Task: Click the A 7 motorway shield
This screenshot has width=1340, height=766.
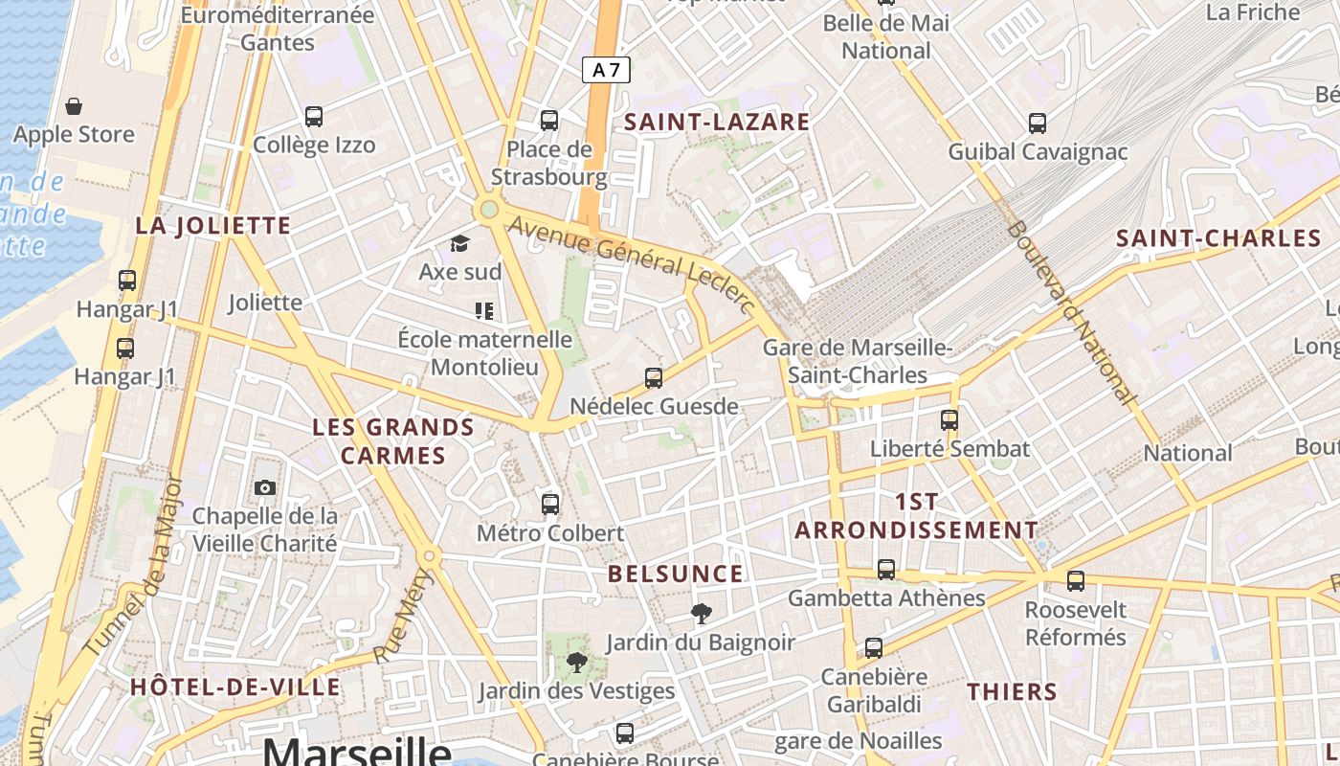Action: pos(606,70)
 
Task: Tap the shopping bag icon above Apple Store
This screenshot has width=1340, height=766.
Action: pos(74,106)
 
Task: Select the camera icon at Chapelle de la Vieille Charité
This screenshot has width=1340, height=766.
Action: pos(265,488)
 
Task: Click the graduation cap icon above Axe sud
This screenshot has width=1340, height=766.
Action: pos(460,243)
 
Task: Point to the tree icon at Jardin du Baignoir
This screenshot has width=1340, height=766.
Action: pos(702,614)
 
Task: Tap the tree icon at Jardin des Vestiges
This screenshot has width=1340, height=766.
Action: pos(576,663)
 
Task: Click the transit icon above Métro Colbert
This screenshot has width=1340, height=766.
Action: pos(550,504)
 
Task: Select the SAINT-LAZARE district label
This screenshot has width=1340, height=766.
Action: pos(717,122)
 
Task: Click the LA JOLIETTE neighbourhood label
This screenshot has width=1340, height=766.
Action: pos(212,226)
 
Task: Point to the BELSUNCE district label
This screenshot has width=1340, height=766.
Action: pos(676,574)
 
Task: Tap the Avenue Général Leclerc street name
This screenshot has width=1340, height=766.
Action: pos(633,263)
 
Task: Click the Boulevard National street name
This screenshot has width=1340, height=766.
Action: pos(1072,312)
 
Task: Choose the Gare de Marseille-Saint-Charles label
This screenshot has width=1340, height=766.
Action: pos(858,361)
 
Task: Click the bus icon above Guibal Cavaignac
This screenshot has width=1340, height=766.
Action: pos(1038,123)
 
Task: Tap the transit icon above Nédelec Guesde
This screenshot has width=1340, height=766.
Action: pos(654,378)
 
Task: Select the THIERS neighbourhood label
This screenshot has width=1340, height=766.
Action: pos(1012,691)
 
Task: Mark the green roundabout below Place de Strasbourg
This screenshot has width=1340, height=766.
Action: pos(489,209)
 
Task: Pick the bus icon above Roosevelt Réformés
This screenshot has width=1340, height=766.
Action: pos(1076,580)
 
